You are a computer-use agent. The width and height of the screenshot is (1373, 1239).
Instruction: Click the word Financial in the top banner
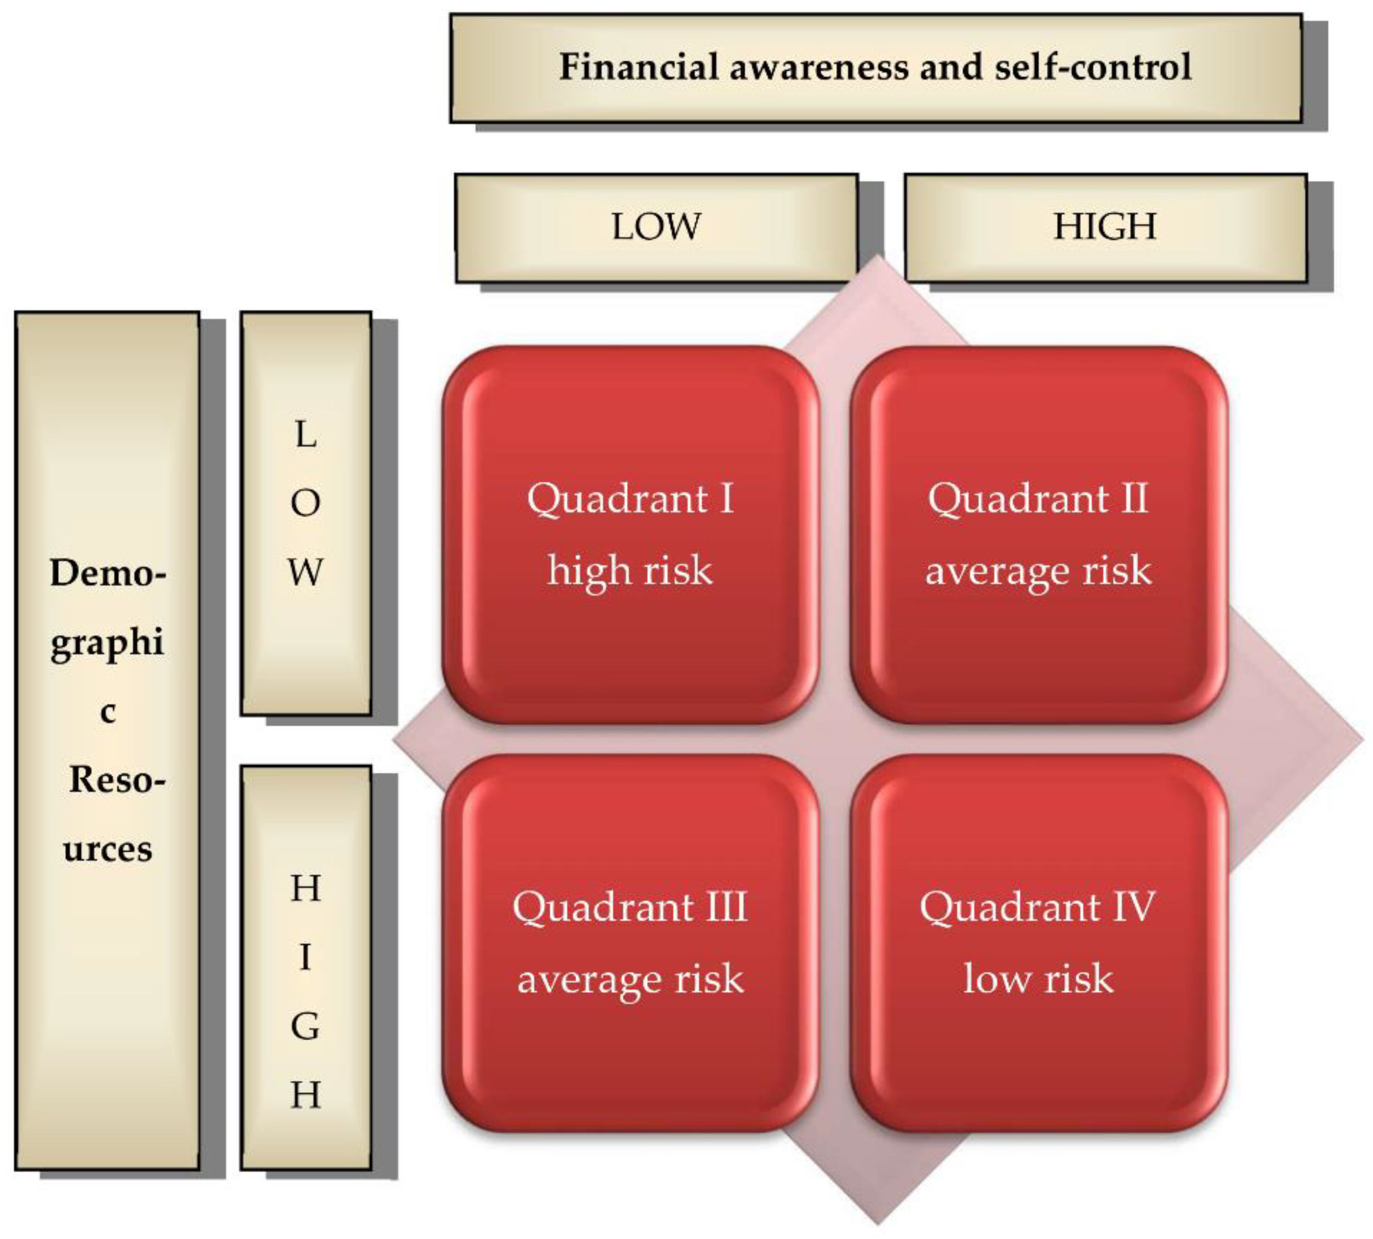pyautogui.click(x=639, y=67)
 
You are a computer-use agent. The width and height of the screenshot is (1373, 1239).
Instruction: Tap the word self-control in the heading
pyautogui.click(x=1093, y=67)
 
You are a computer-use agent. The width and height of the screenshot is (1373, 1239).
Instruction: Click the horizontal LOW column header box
pyautogui.click(x=656, y=228)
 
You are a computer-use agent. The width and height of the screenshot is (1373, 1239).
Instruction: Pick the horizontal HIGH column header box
pyautogui.click(x=1105, y=228)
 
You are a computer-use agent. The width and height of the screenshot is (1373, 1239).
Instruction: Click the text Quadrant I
pyautogui.click(x=630, y=499)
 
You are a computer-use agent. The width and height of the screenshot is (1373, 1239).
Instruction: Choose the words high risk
pyautogui.click(x=630, y=570)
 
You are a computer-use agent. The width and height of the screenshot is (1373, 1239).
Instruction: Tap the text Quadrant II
pyautogui.click(x=1038, y=499)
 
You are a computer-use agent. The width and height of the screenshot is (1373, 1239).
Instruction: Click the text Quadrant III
pyautogui.click(x=630, y=907)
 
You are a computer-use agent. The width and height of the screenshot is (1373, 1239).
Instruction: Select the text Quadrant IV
pyautogui.click(x=1038, y=907)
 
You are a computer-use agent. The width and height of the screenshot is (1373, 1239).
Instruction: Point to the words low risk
pyautogui.click(x=1038, y=979)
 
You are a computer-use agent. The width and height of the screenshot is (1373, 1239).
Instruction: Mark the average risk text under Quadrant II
pyautogui.click(x=1038, y=570)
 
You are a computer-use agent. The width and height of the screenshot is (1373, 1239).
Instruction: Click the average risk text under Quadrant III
pyautogui.click(x=630, y=979)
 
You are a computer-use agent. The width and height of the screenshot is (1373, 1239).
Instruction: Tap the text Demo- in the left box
pyautogui.click(x=108, y=573)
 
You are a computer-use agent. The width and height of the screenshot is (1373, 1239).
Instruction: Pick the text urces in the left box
pyautogui.click(x=108, y=849)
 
